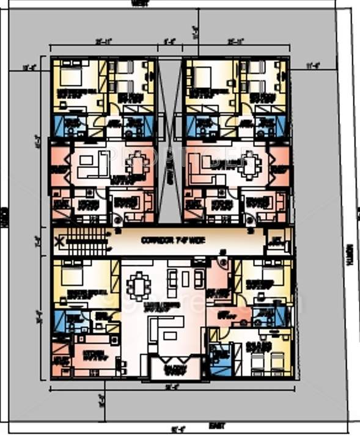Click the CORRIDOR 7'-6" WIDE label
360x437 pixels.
(x=164, y=240)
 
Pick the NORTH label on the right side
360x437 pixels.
(x=350, y=255)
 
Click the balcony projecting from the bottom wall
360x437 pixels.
(x=175, y=369)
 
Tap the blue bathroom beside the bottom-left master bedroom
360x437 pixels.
(x=65, y=320)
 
